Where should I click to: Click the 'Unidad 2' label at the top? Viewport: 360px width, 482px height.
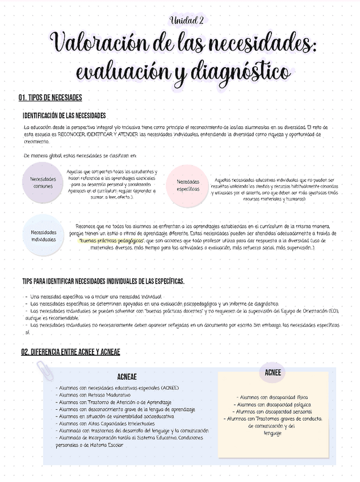coord(186,20)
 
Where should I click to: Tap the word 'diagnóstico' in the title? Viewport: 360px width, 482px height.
coord(241,73)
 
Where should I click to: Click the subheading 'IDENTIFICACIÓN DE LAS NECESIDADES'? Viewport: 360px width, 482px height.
coord(64,115)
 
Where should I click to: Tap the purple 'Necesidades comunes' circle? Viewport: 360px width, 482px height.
coord(43,182)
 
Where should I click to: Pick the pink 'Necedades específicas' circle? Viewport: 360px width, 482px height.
coord(187,185)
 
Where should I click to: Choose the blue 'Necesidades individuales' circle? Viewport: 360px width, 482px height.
coord(43,236)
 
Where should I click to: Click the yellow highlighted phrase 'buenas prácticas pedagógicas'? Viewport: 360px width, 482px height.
coord(111,240)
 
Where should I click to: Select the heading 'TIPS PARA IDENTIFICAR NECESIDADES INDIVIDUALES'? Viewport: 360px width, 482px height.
coord(103,281)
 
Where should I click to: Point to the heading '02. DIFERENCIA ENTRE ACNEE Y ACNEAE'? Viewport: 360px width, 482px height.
coord(70,352)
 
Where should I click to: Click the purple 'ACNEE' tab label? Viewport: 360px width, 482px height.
coord(273,372)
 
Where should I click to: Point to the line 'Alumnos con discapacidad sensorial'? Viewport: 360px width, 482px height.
coord(273,412)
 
